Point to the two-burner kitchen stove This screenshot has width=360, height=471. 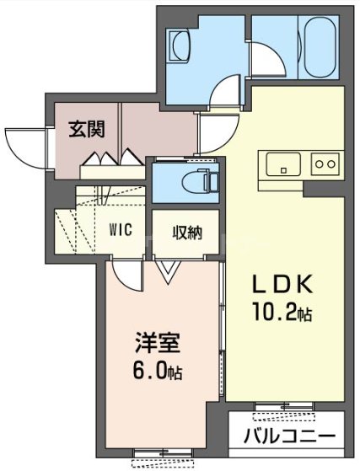(x=325, y=163)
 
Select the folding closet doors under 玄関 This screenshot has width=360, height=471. (x=108, y=158)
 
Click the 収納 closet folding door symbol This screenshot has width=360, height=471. (x=167, y=269)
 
